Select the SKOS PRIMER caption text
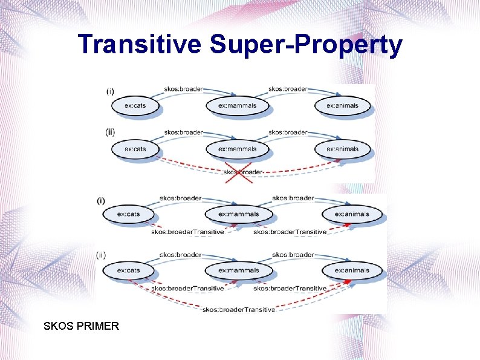(x=82, y=326)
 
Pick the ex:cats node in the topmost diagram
(x=135, y=105)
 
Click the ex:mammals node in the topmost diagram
(x=237, y=105)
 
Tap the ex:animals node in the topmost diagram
(x=342, y=105)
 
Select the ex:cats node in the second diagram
(x=135, y=149)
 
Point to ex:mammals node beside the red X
(x=237, y=149)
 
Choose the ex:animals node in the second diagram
(x=342, y=149)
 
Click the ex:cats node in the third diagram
(x=128, y=214)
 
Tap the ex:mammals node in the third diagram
(x=238, y=214)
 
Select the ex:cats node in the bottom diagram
(x=128, y=270)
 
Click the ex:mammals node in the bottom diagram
(x=238, y=270)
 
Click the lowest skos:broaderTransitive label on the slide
(x=239, y=309)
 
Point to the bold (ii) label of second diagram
(x=111, y=132)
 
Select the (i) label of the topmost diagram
(x=110, y=91)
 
